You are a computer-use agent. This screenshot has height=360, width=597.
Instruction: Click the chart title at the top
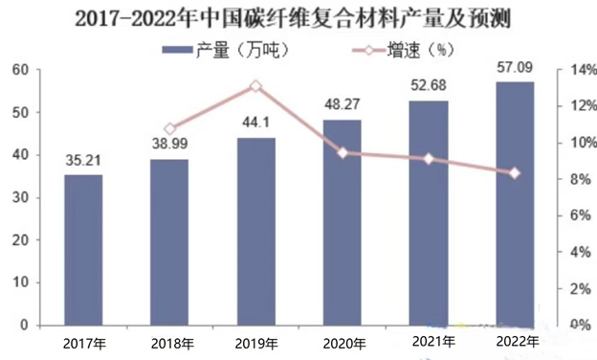tap(298, 16)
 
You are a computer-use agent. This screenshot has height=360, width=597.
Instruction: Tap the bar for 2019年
tap(256, 231)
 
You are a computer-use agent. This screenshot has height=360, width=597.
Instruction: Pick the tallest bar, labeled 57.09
tap(515, 203)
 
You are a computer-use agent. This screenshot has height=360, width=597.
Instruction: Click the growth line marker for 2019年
tap(256, 86)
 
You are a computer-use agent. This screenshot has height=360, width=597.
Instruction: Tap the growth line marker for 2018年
tap(170, 128)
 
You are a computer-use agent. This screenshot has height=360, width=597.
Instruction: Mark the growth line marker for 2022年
tap(515, 173)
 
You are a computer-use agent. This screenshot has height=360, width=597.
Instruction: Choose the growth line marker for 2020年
tap(343, 152)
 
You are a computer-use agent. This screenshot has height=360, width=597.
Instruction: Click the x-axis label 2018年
tap(170, 343)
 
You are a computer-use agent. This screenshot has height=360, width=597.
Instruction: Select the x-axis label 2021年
tap(429, 342)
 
